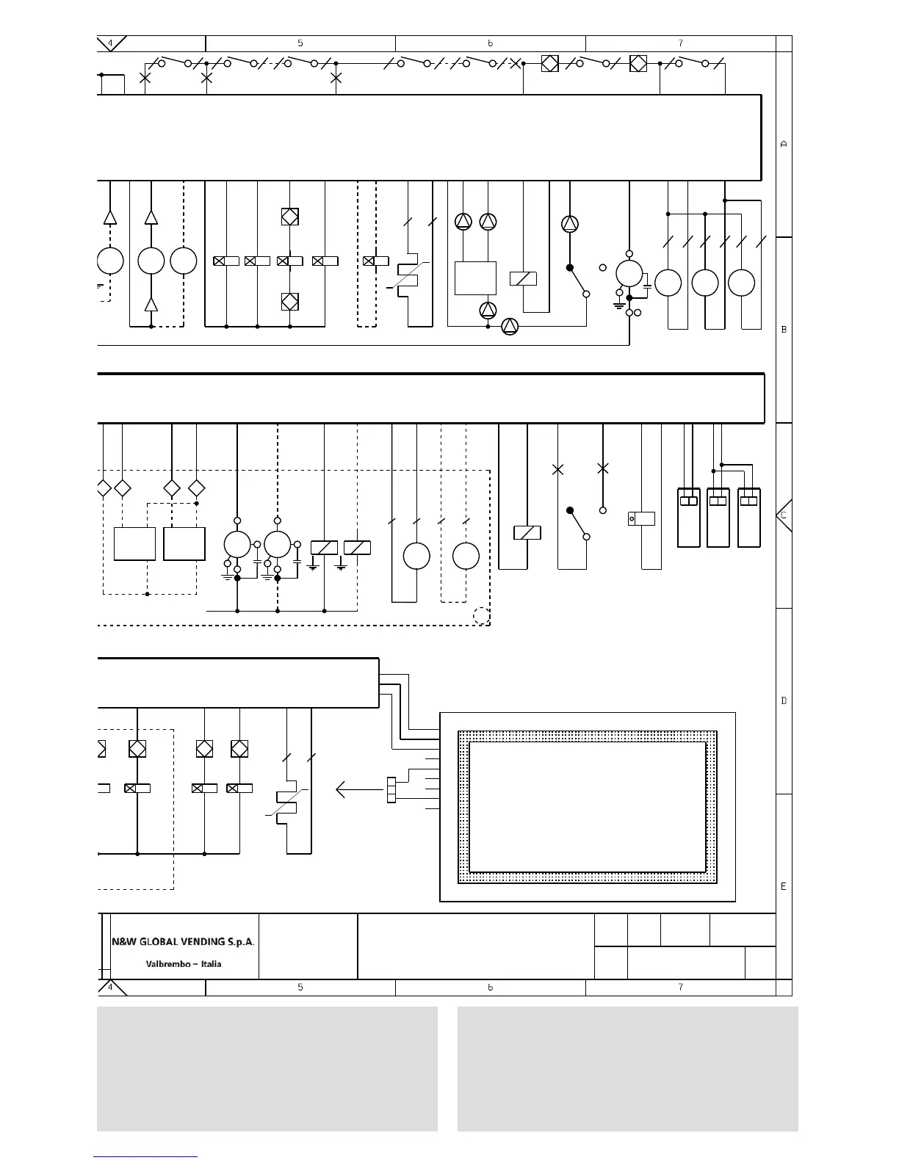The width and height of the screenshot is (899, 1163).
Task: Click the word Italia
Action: tap(211, 964)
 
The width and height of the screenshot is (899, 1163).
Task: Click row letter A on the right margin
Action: tap(784, 144)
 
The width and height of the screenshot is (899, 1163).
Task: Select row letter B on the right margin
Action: tap(784, 330)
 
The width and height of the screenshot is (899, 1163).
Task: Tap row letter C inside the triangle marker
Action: tap(784, 515)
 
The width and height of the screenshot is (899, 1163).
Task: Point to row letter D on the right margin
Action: tap(784, 700)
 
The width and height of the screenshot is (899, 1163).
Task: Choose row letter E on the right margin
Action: tap(784, 886)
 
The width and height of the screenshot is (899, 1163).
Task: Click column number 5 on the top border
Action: tap(300, 43)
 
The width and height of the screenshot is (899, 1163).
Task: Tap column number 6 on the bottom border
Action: tap(490, 988)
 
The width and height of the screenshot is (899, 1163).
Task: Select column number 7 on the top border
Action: tap(680, 43)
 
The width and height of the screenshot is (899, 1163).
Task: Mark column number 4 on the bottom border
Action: tap(110, 988)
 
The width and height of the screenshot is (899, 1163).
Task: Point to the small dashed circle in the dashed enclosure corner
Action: tap(481, 616)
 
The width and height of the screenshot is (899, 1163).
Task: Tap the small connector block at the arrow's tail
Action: tap(391, 790)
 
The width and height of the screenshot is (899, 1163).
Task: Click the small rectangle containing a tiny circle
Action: tap(641, 518)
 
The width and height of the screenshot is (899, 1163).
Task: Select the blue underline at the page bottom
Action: tap(145, 1157)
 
